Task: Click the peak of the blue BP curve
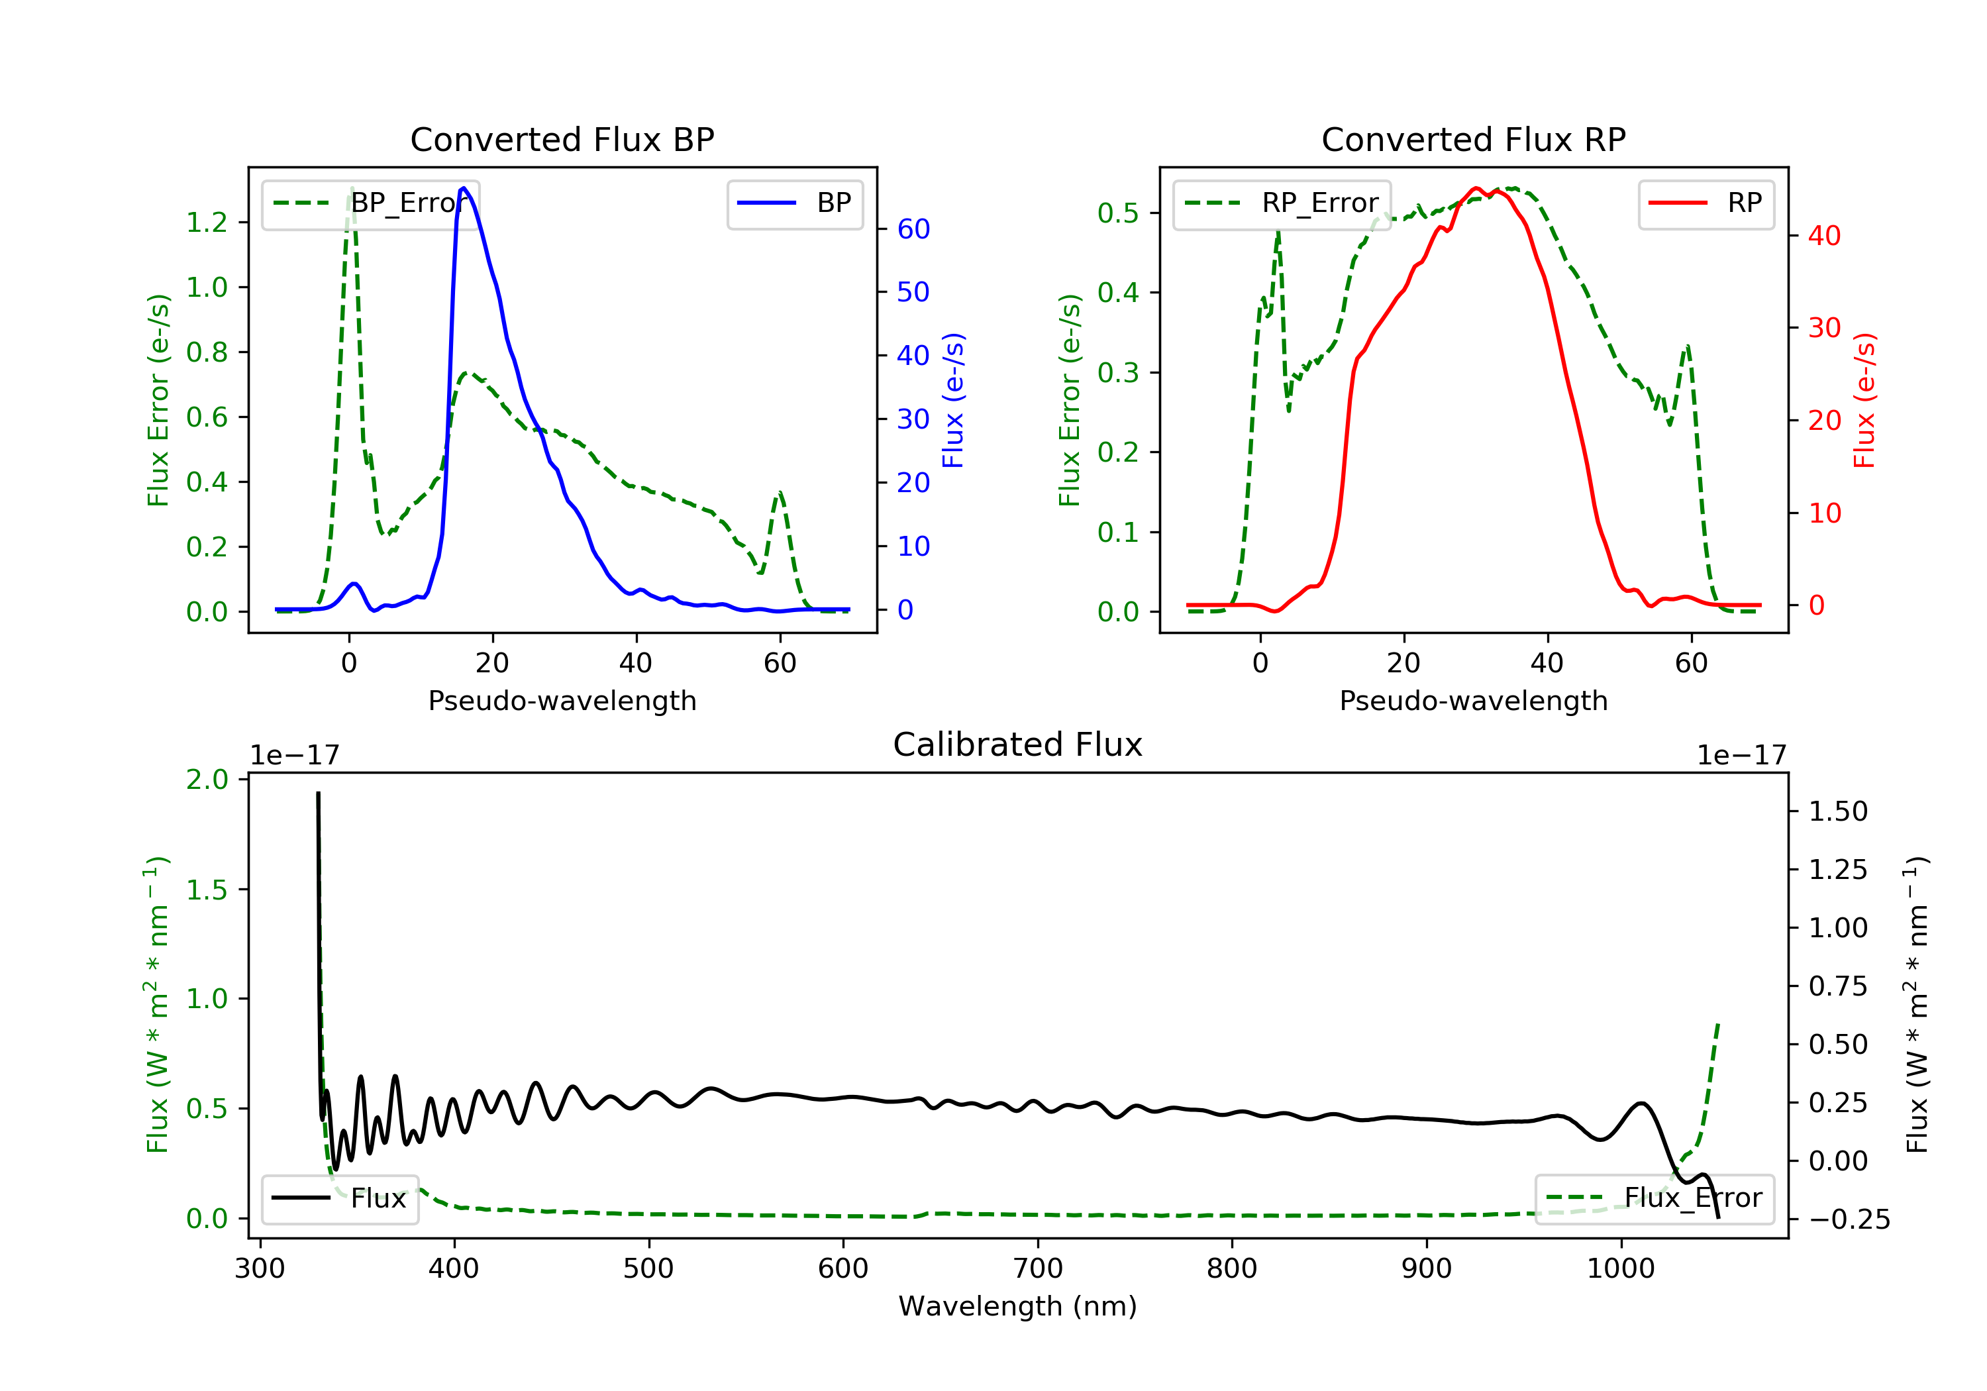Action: tap(464, 188)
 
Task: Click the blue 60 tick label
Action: tap(913, 229)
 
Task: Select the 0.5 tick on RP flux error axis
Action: tap(1118, 213)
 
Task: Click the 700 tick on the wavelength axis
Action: tap(1038, 1269)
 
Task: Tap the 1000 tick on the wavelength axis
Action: tap(1620, 1269)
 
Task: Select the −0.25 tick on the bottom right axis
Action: tap(1849, 1219)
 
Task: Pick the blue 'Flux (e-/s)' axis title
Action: tap(953, 400)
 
